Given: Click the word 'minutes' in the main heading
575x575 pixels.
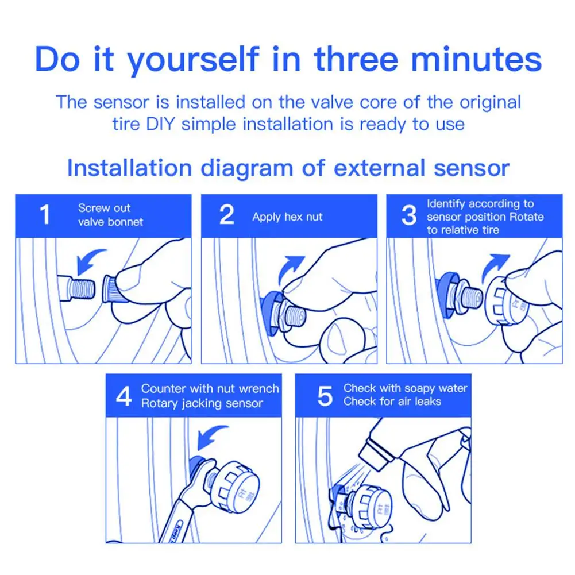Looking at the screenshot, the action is pos(476,59).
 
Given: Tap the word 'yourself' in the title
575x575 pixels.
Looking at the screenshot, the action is pos(193,60).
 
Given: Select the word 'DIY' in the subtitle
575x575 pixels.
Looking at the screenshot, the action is pos(160,124).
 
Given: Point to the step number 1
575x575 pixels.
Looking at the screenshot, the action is pos(45,214).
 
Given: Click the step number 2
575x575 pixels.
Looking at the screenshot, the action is pos(227,214).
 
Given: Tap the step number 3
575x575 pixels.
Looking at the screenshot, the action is pos(409,215).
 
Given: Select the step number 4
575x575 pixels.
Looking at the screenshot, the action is pos(124,396).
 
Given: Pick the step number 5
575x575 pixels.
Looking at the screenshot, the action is pos(325,396).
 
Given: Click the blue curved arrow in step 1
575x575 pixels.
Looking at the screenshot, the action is pos(87,260).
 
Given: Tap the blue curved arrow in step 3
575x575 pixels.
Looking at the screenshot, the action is pos(493,266).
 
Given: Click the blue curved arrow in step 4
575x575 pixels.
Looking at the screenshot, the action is pos(209,435).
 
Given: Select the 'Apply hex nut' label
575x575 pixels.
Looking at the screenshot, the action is pos(287,217).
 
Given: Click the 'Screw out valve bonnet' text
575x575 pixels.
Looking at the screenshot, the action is pos(110,215).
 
